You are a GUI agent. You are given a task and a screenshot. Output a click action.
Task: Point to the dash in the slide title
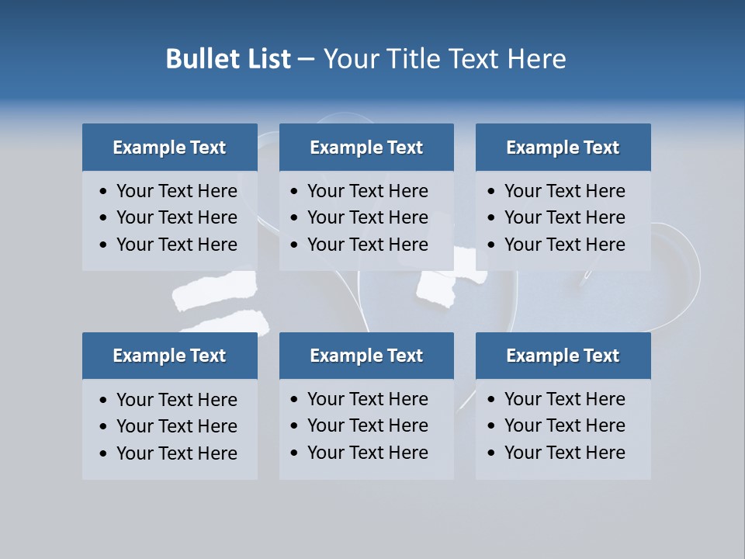click(x=306, y=60)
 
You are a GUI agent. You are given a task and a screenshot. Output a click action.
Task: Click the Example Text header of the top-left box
click(x=169, y=148)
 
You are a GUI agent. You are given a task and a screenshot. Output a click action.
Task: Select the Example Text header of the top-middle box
click(x=366, y=148)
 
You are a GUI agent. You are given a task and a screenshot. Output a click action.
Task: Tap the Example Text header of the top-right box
click(x=563, y=148)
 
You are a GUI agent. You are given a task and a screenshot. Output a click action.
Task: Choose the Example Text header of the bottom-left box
click(x=169, y=356)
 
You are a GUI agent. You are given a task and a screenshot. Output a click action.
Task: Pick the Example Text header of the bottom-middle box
click(x=366, y=356)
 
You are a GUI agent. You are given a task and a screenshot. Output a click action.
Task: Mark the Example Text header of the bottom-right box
click(x=563, y=356)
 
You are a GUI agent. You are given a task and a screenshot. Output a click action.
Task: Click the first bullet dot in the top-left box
click(x=104, y=192)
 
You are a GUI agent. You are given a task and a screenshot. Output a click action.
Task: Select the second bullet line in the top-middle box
click(x=367, y=217)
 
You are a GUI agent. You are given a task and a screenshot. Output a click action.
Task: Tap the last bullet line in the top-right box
click(x=564, y=245)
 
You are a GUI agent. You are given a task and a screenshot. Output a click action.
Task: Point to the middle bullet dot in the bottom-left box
click(x=104, y=427)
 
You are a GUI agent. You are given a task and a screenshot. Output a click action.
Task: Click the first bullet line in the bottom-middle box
click(x=367, y=399)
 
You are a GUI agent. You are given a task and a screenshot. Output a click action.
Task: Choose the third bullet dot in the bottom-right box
click(x=492, y=453)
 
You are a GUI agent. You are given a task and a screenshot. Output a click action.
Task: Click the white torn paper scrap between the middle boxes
click(x=439, y=288)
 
